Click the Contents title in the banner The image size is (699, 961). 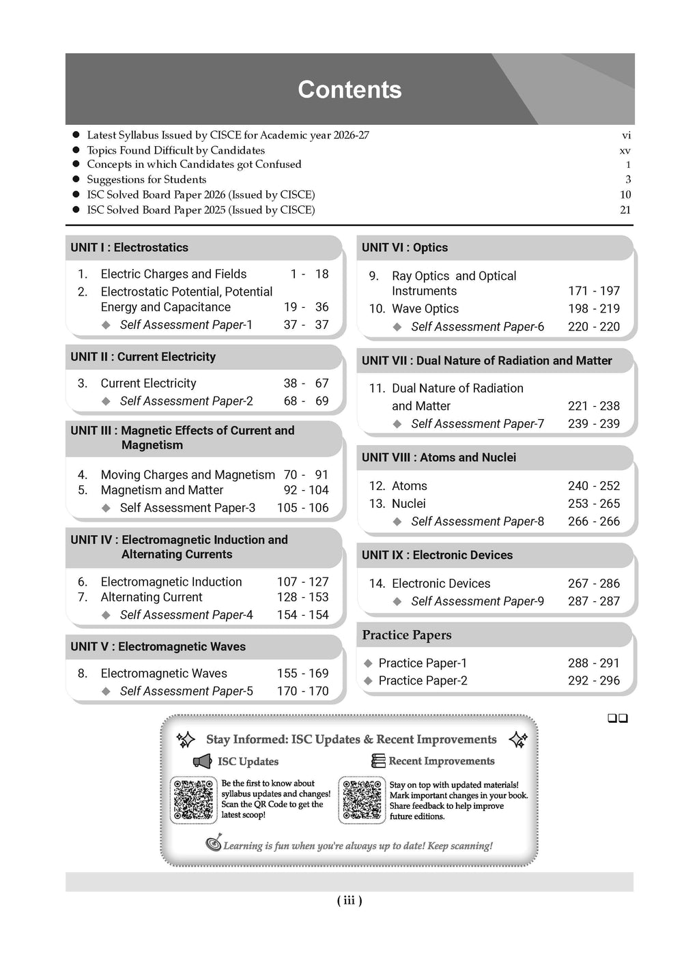[x=349, y=89]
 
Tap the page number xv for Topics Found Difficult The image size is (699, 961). [x=625, y=150]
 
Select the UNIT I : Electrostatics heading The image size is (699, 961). [x=129, y=248]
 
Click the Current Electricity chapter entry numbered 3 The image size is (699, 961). [x=148, y=384]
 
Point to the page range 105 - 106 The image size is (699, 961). [x=302, y=508]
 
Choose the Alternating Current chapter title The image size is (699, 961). [x=152, y=597]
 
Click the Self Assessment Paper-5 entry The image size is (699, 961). [x=186, y=691]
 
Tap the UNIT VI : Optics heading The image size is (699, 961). [x=405, y=248]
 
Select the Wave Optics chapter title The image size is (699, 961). [x=425, y=309]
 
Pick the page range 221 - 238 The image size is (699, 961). [x=594, y=406]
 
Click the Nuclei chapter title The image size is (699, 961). [x=409, y=504]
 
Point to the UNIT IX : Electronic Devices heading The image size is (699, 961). [x=437, y=555]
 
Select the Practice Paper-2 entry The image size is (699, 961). [x=423, y=681]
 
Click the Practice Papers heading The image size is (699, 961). [x=407, y=635]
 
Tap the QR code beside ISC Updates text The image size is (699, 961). [x=194, y=799]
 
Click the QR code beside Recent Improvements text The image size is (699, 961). [x=362, y=799]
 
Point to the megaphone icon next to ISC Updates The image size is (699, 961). [x=203, y=762]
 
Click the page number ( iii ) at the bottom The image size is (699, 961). [x=349, y=901]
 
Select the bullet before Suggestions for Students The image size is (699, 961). [x=76, y=180]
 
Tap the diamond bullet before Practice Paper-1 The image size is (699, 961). [x=368, y=663]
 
